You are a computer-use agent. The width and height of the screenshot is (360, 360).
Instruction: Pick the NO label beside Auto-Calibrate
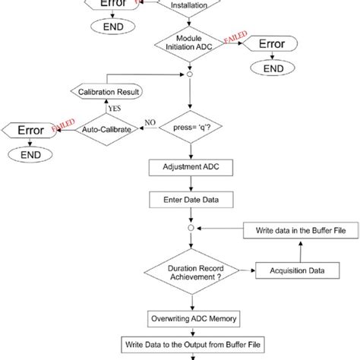tap(149, 122)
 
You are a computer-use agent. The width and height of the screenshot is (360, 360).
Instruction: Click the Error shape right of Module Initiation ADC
tap(270, 44)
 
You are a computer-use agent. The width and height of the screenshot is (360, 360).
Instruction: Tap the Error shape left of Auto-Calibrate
tap(30, 130)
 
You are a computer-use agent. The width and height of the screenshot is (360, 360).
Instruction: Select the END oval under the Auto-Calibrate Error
tap(30, 154)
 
